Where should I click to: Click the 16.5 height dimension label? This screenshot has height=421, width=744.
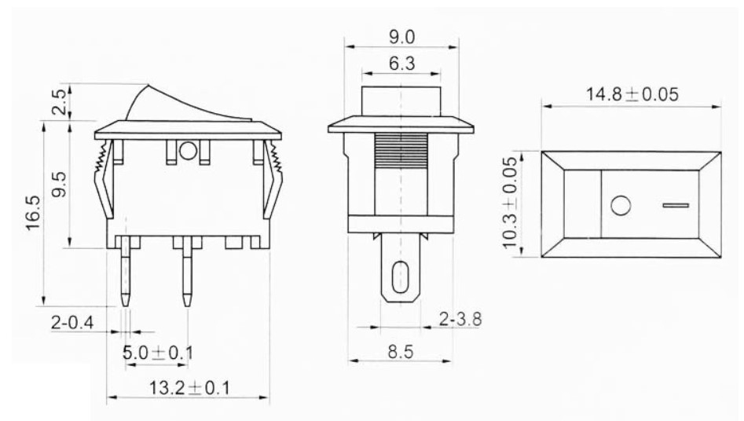(x=34, y=213)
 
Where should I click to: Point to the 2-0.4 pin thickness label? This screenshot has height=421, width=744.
(x=72, y=324)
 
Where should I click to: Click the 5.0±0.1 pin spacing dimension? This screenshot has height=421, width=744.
(x=158, y=353)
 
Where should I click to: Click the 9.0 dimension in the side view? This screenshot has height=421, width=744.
(x=402, y=37)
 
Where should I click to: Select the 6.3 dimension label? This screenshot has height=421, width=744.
(x=402, y=64)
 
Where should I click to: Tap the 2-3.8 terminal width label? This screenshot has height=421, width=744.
(x=460, y=319)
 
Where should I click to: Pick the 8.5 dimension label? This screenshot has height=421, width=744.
(x=401, y=352)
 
